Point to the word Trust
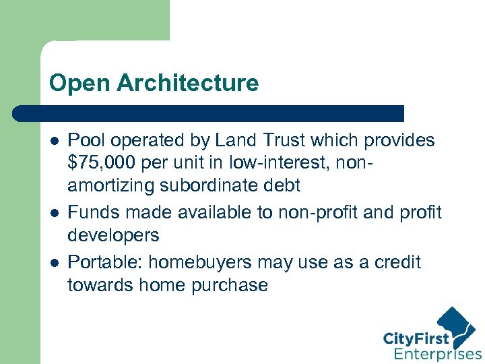click(x=298, y=140)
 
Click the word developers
click(x=113, y=236)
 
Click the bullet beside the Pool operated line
click(x=54, y=141)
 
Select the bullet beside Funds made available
click(x=54, y=212)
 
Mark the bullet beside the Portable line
click(x=54, y=262)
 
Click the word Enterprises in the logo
click(x=437, y=353)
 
